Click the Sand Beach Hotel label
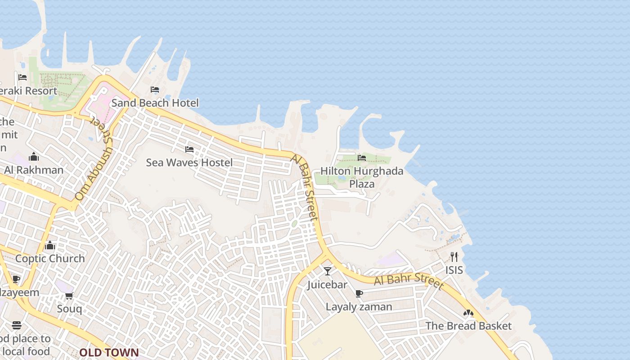(x=155, y=103)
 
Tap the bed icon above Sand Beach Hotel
(x=155, y=90)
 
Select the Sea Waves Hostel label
(x=189, y=162)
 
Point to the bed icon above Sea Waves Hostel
(x=189, y=149)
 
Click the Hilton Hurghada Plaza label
(x=362, y=177)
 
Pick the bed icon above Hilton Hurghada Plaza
(x=362, y=157)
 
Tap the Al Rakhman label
(x=34, y=170)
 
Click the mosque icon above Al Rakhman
(x=34, y=157)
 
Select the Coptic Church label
(x=50, y=259)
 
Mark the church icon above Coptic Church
(x=50, y=245)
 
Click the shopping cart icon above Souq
(x=69, y=296)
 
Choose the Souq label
(x=69, y=309)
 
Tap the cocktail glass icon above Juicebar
(x=328, y=271)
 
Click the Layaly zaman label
(x=359, y=307)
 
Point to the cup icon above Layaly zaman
(x=359, y=293)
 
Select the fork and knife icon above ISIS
(x=454, y=257)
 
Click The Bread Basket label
(x=468, y=326)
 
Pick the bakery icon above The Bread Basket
(x=468, y=312)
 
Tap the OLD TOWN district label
(x=109, y=352)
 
